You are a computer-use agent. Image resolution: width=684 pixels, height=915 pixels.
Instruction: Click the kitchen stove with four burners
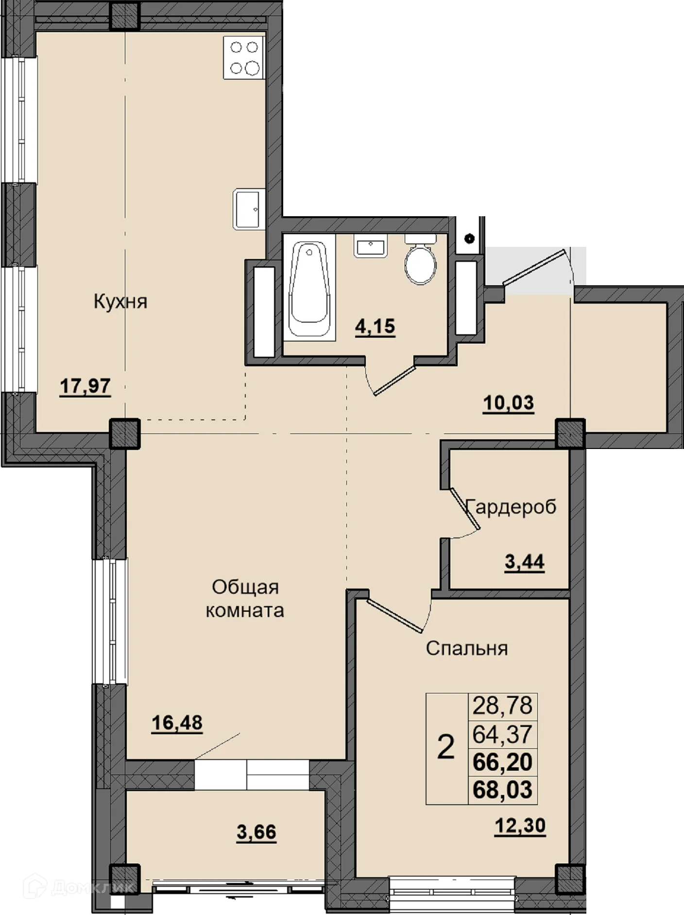pos(244,57)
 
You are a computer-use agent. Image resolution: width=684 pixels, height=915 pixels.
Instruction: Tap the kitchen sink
pos(250,209)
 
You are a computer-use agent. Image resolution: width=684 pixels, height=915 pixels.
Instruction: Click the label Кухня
pos(120,302)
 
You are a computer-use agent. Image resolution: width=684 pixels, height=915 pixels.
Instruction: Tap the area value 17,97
pos(85,387)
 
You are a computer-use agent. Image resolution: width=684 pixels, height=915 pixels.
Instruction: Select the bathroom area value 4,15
pos(375,326)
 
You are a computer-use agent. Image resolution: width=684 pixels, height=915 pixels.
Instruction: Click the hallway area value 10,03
pos(509,403)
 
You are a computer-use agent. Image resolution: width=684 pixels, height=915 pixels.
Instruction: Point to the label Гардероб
pos(511,507)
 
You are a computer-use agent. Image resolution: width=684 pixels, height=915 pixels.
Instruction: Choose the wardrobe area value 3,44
pos(525,563)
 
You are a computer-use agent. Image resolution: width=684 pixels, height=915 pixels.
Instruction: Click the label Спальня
pos(467,648)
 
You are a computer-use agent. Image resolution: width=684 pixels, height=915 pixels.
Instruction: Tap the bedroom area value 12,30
pos(520,826)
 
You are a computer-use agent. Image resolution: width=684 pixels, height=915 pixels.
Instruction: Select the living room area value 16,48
pos(177,723)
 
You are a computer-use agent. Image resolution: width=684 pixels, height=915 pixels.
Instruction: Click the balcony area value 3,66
pos(256,832)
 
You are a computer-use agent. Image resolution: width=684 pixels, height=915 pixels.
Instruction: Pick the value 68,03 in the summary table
pos(503,790)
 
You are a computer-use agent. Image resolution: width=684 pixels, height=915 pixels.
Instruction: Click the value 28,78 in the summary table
pos(503,706)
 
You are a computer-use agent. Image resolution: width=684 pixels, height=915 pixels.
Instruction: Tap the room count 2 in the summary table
pos(446,747)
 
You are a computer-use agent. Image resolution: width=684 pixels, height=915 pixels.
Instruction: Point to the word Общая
pos(245,587)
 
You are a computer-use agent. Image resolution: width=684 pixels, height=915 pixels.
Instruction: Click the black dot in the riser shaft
pos(469,238)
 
